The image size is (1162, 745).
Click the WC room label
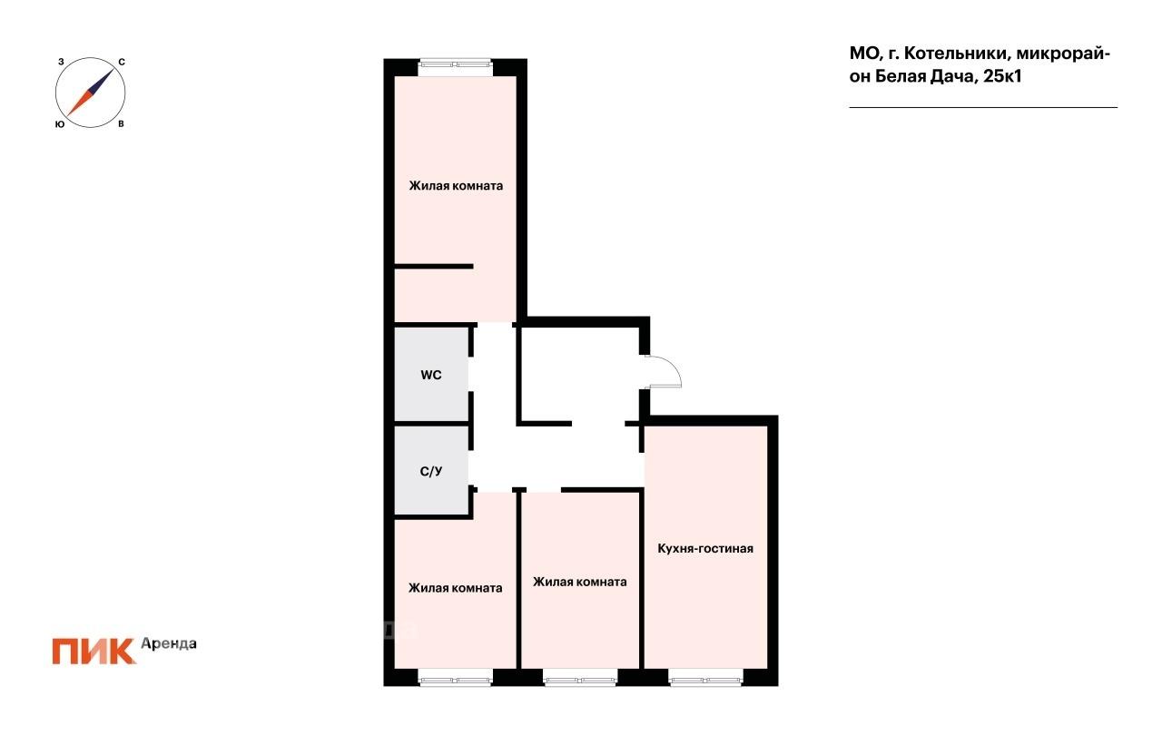[x=431, y=375]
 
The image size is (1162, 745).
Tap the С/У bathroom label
[x=431, y=471]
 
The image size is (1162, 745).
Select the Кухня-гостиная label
[x=705, y=548]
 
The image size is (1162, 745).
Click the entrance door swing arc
[x=673, y=365]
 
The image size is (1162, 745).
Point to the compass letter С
[x=122, y=63]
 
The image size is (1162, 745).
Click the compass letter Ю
[x=60, y=124]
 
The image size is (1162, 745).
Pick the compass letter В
[x=121, y=124]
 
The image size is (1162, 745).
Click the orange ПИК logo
[x=94, y=652]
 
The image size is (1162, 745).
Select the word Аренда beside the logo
[x=169, y=644]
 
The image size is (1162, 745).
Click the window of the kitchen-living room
[x=705, y=677]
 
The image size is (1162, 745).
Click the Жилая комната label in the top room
[x=456, y=186]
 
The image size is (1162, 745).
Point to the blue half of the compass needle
[x=103, y=81]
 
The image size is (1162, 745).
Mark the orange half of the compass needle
[x=78, y=103]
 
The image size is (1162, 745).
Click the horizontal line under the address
[x=983, y=107]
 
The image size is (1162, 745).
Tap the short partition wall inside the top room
[x=434, y=267]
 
